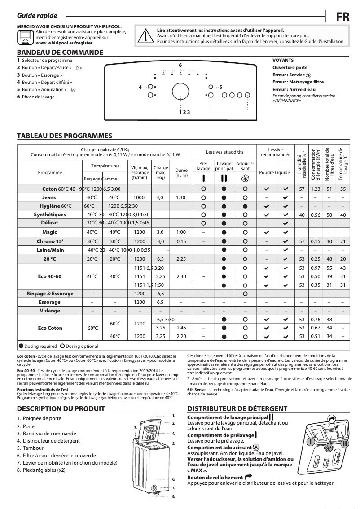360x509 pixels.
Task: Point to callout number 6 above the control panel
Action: pos(180,66)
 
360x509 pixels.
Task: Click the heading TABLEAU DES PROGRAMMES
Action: pos(64,136)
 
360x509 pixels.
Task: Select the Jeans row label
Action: pos(49,197)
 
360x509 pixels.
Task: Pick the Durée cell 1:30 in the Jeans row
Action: pos(181,197)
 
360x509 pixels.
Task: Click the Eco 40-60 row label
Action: pos(49,276)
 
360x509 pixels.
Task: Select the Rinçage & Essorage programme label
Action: pos(50,294)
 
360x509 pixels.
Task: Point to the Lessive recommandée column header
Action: pos(275,153)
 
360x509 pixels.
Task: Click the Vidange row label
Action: pos(49,311)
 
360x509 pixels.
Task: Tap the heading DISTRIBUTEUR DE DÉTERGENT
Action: pos(237,409)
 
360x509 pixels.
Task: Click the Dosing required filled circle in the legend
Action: pos(21,346)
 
